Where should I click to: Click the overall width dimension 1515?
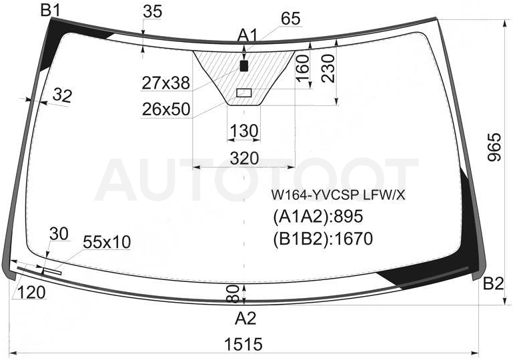[x=243, y=344]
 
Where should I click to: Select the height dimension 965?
[x=494, y=147]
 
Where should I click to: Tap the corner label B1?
[x=51, y=11]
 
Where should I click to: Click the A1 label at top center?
[x=248, y=35]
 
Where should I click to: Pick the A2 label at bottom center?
[x=245, y=318]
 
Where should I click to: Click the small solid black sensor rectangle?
[x=244, y=66]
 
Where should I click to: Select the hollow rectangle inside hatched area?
[x=243, y=93]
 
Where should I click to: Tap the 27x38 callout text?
[x=166, y=83]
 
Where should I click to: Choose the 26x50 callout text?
[x=166, y=109]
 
